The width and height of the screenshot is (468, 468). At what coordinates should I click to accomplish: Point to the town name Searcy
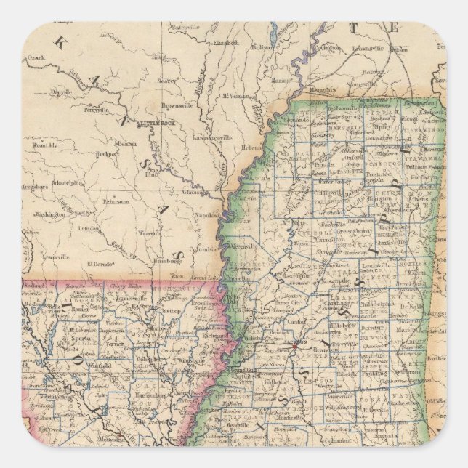167,81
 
